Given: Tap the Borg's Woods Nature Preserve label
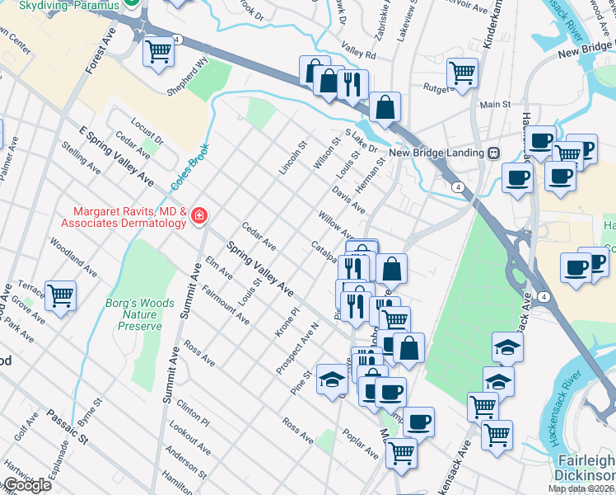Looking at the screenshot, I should tap(139, 314).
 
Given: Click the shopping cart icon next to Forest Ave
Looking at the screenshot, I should tap(158, 52).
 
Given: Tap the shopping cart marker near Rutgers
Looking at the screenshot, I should tap(463, 73).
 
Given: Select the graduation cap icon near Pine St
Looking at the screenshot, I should tap(332, 378).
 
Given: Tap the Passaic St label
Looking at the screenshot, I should tap(67, 425).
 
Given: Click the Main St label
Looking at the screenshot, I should tap(496, 105).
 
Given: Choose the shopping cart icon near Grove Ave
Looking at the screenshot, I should tap(61, 295).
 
